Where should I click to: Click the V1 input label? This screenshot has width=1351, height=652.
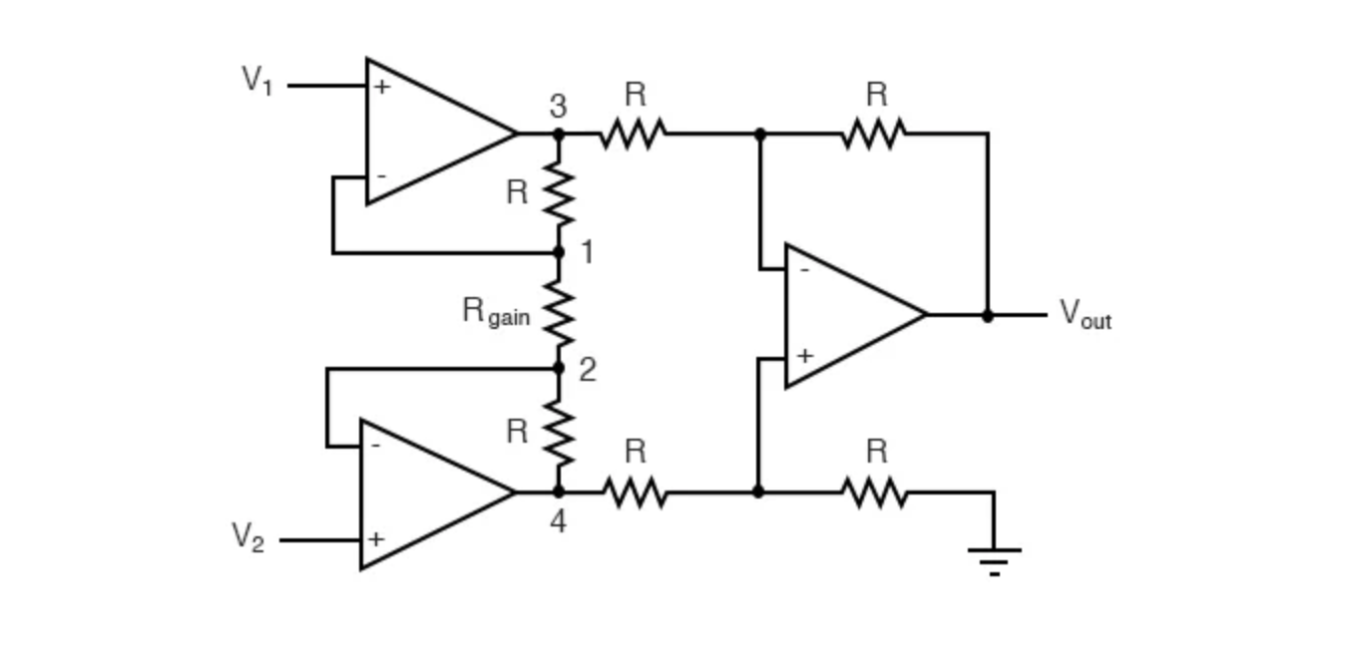256,80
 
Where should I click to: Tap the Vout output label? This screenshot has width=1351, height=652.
1085,314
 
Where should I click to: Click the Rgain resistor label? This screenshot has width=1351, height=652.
496,311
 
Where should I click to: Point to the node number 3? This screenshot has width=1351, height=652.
558,106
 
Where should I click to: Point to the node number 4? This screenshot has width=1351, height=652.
558,520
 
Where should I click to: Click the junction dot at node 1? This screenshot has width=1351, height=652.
559,252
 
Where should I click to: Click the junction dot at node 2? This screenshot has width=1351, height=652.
559,368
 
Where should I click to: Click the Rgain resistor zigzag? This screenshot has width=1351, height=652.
559,311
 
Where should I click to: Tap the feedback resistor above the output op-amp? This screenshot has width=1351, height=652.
873,133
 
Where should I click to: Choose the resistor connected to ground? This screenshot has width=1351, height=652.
873,491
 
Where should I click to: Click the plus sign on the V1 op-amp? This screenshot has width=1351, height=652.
381,87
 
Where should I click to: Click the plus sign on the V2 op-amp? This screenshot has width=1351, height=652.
375,539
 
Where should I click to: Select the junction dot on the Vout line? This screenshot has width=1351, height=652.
988,315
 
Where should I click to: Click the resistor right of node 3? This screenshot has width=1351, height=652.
633,133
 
